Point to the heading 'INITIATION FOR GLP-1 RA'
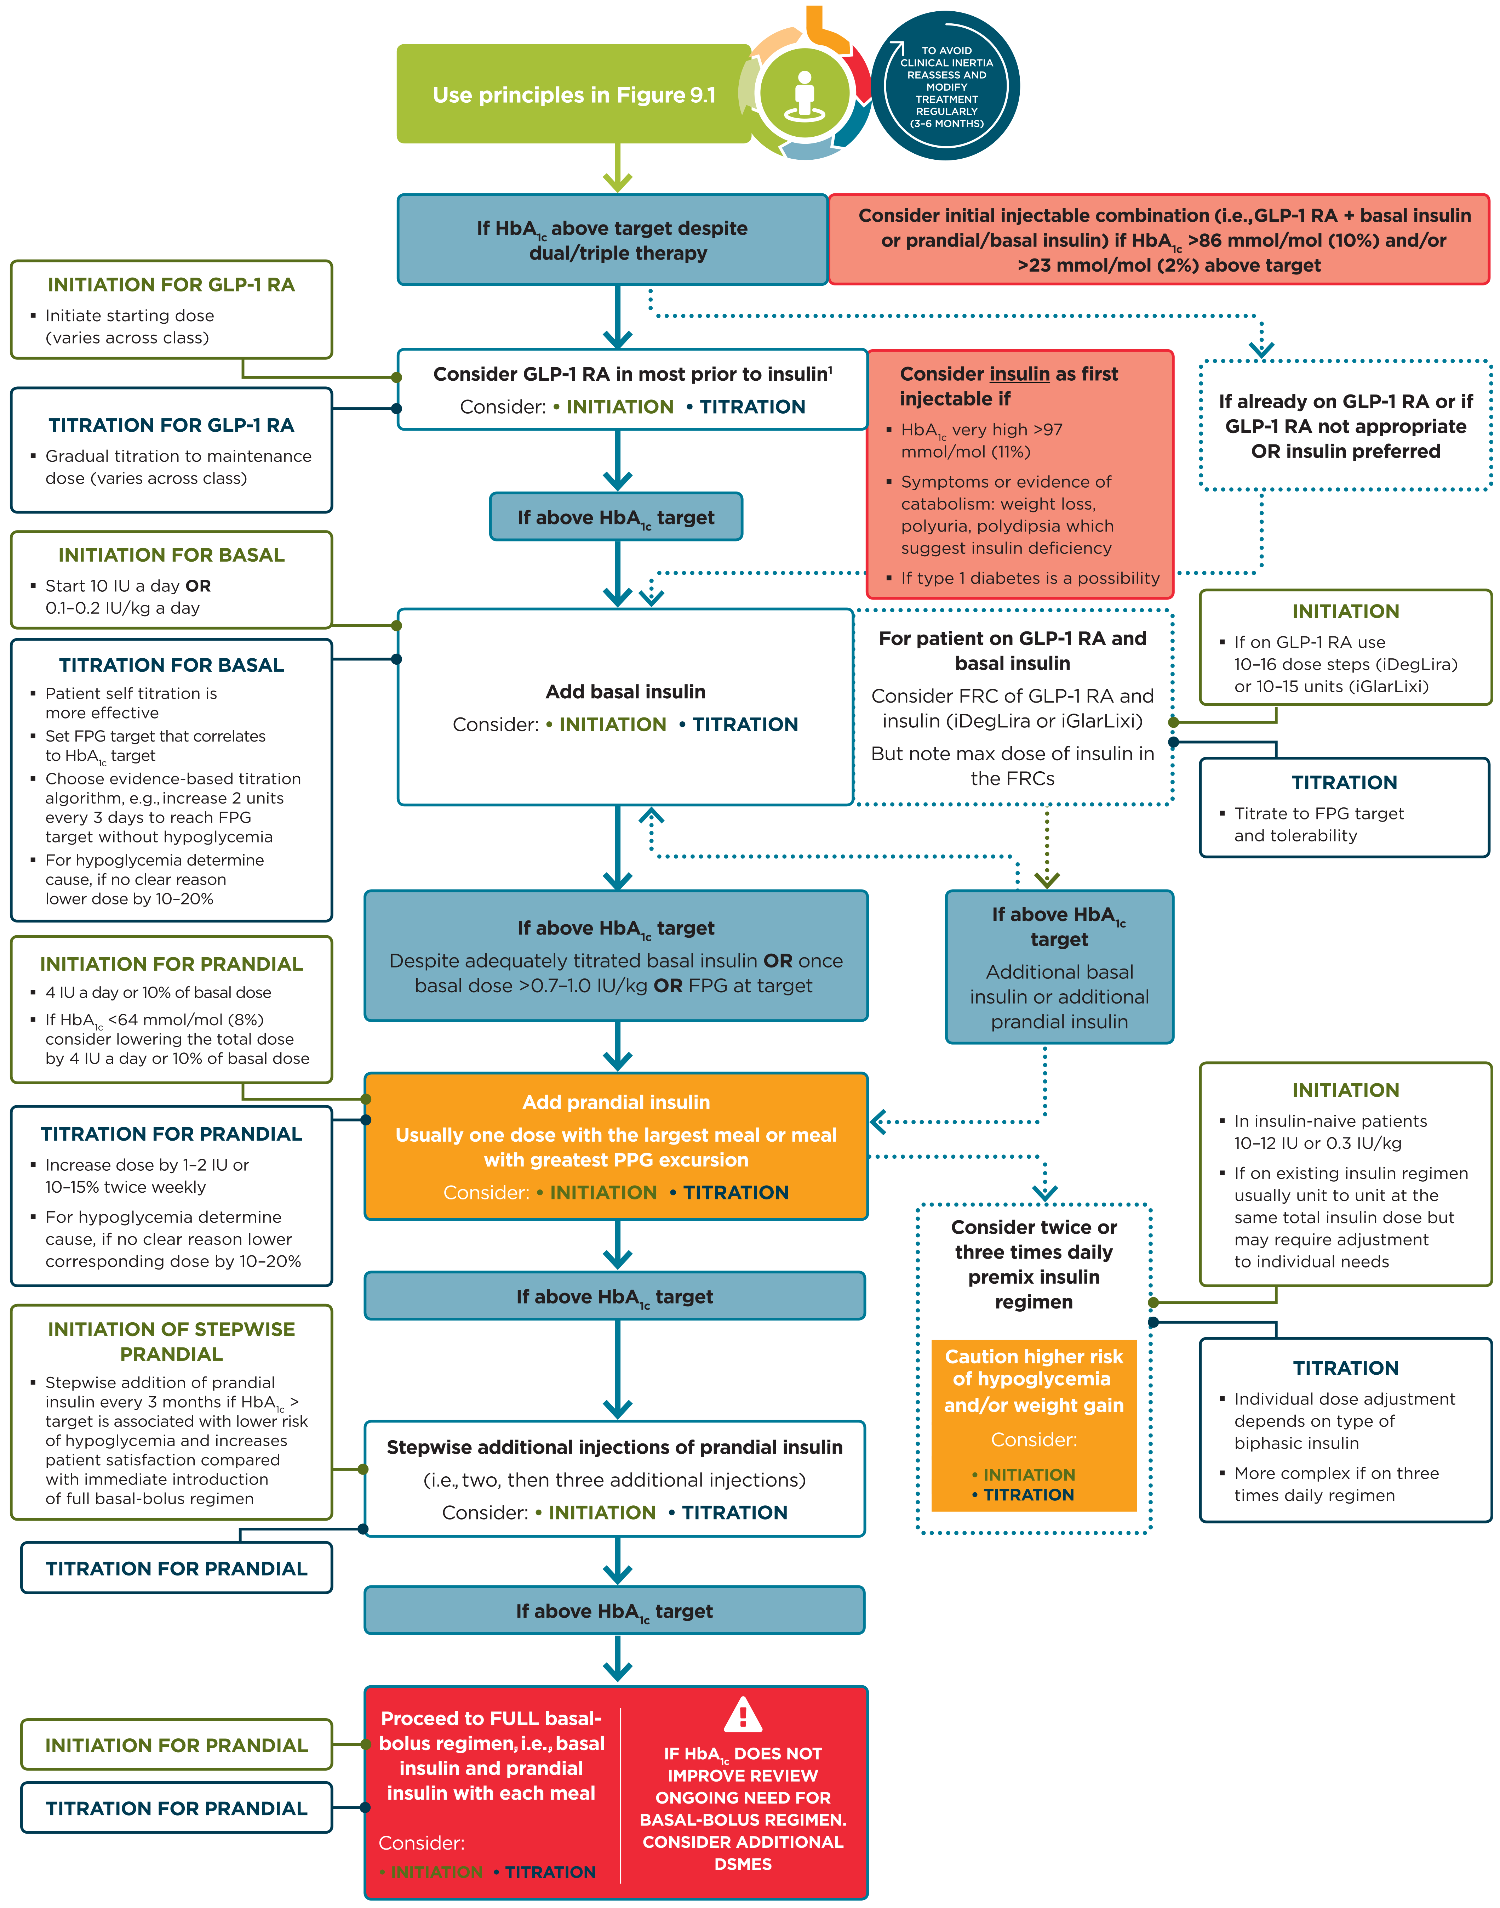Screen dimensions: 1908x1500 pos(171,285)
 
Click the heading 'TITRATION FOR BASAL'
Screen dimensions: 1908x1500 pos(171,665)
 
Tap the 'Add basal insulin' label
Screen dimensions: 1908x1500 pos(625,692)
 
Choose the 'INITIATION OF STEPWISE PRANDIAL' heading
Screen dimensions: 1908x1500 pos(171,1341)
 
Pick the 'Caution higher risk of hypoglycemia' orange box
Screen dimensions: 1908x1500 pos(1034,1380)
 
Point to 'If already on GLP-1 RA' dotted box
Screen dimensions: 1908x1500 pos(1345,426)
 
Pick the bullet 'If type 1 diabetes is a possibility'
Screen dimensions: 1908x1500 pos(1029,578)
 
